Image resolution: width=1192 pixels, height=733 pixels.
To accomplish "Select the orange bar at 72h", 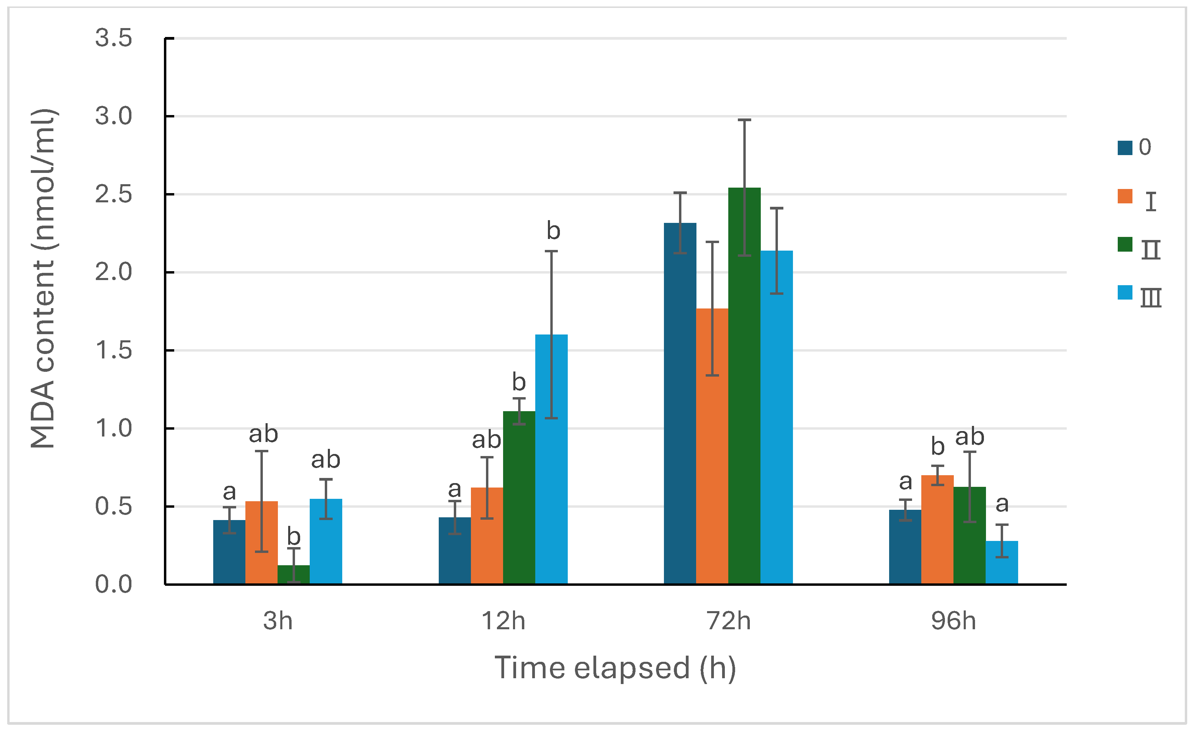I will pyautogui.click(x=712, y=446).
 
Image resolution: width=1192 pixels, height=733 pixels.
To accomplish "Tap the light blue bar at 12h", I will pyautogui.click(x=551, y=460).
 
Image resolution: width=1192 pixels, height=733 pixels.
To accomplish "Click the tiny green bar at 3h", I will pyautogui.click(x=293, y=575).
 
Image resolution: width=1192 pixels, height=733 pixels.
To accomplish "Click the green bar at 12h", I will pyautogui.click(x=519, y=499).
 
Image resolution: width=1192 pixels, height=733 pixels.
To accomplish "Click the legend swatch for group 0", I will pyautogui.click(x=1124, y=147).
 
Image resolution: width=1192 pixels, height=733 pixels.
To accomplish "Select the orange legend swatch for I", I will pyautogui.click(x=1124, y=196).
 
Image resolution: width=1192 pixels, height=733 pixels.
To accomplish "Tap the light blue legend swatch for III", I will pyautogui.click(x=1124, y=292).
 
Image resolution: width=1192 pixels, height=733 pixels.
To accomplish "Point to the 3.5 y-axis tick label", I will pyautogui.click(x=113, y=38).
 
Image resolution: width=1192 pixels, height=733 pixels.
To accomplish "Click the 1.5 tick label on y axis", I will pyautogui.click(x=113, y=350).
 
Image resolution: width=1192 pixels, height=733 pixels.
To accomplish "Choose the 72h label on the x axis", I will pyautogui.click(x=728, y=621).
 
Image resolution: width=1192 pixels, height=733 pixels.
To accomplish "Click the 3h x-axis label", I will pyautogui.click(x=278, y=621).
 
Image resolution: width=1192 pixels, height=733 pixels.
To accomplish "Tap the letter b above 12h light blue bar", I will pyautogui.click(x=553, y=231).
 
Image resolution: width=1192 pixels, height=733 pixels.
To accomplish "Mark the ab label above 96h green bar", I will pyautogui.click(x=969, y=437).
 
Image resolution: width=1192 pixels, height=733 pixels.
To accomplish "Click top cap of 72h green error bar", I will pyautogui.click(x=744, y=120).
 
